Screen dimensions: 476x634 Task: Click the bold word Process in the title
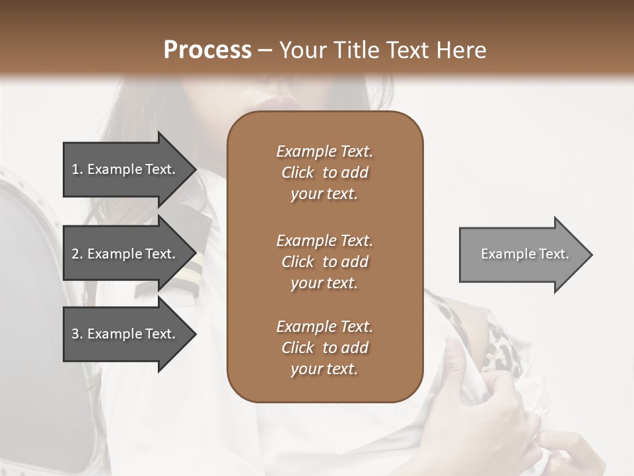pyautogui.click(x=207, y=50)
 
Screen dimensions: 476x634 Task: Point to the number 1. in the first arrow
pyautogui.click(x=77, y=169)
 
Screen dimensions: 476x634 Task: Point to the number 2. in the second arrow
pyautogui.click(x=77, y=254)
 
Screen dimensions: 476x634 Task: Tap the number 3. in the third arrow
pyautogui.click(x=77, y=334)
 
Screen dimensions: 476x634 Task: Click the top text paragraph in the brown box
pyautogui.click(x=324, y=173)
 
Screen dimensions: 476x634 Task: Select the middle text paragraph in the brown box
pyautogui.click(x=324, y=262)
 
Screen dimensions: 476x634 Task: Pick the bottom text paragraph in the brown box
pyautogui.click(x=324, y=348)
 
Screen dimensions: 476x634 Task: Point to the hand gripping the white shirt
pyautogui.click(x=462, y=370)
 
